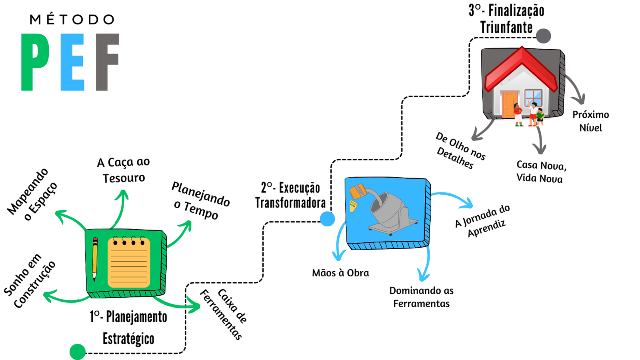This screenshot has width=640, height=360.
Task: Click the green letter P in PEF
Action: pyautogui.click(x=35, y=62)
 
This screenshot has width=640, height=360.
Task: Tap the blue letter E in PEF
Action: pyautogui.click(x=72, y=62)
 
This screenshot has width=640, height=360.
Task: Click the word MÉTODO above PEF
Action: pyautogui.click(x=72, y=20)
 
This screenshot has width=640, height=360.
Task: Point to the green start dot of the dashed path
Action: pyautogui.click(x=78, y=352)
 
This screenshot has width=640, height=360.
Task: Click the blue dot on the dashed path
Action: pyautogui.click(x=327, y=219)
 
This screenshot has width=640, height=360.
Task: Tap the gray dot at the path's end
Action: pyautogui.click(x=543, y=36)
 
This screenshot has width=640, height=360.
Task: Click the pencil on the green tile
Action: pyautogui.click(x=95, y=258)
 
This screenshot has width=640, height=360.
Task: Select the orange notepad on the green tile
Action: pyautogui.click(x=129, y=263)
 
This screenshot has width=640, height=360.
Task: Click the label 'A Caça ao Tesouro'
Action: pyautogui.click(x=124, y=170)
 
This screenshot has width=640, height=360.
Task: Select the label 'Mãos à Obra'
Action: pyautogui.click(x=340, y=273)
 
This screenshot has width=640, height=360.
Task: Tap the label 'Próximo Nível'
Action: pyautogui.click(x=590, y=121)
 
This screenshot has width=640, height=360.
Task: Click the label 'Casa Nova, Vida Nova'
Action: pyautogui.click(x=540, y=172)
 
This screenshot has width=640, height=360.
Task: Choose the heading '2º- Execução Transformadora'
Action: pyautogui.click(x=290, y=195)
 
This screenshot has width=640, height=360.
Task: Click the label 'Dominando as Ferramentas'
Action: pyautogui.click(x=421, y=297)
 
